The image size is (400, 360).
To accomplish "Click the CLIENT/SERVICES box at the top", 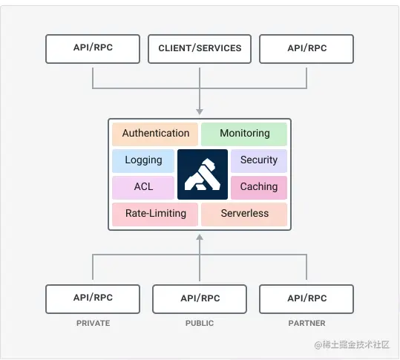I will tap(200, 48).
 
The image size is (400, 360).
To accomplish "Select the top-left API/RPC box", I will tap(93, 48).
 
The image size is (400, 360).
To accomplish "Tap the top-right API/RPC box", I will tap(306, 48).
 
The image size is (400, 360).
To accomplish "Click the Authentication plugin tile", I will tap(155, 134).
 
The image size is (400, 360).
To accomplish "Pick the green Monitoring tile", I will tap(244, 134).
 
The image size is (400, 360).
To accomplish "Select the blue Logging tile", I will tap(143, 160).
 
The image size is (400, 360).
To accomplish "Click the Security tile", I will tap(258, 160).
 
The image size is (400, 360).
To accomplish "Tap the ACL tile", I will tap(143, 187).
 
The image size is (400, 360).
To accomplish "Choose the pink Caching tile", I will tap(258, 187).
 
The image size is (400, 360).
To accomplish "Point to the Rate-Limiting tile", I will tap(155, 214).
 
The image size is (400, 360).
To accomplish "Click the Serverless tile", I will tap(244, 214).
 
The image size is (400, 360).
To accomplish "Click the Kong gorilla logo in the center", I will tap(202, 174).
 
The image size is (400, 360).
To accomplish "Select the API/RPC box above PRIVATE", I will tap(93, 298).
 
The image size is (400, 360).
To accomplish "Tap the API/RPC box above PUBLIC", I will tap(200, 298).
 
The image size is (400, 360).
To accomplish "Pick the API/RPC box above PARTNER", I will tap(306, 298).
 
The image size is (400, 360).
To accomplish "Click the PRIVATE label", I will tap(93, 324).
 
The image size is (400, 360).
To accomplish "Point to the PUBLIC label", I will tap(200, 324).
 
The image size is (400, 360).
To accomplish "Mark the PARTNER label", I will tap(306, 324).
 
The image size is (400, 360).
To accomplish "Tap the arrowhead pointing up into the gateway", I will tap(200, 238).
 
